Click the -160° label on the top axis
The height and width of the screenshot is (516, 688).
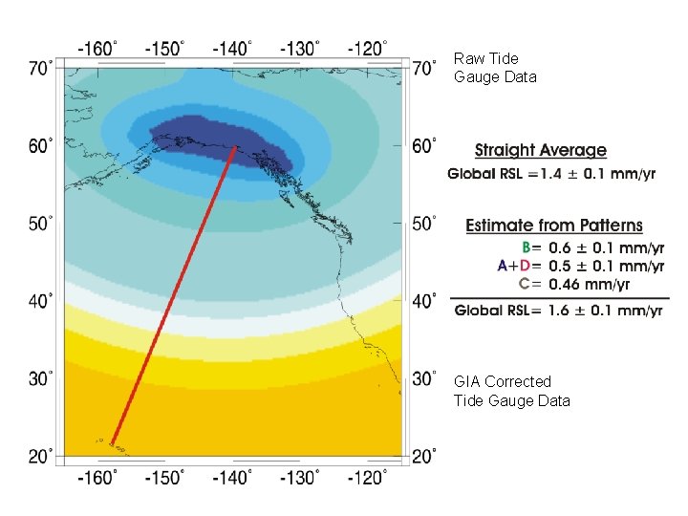point(97,49)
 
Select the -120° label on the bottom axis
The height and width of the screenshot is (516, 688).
point(367,477)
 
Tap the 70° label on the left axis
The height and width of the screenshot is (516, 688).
point(41,69)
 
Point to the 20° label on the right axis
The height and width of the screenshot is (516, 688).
point(424,457)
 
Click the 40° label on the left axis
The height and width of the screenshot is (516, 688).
point(41,301)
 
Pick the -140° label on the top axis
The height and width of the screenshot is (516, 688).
point(232,49)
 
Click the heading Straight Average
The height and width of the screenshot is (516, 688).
point(541,150)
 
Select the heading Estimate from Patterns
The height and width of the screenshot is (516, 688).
point(553,226)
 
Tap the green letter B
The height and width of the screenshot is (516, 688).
point(527,247)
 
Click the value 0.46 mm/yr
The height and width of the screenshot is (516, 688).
point(589,285)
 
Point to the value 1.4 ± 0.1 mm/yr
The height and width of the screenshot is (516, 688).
point(597,174)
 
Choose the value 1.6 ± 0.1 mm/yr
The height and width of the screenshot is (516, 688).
point(605,311)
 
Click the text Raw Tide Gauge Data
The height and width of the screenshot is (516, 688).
point(495,68)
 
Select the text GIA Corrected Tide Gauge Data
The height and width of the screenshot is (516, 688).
point(511,391)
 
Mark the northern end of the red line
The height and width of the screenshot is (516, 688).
point(236,147)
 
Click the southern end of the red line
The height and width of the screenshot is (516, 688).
point(113,444)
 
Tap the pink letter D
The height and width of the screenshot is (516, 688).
point(525,266)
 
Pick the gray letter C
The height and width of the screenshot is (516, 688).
point(525,284)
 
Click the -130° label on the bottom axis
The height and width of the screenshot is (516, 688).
point(300,477)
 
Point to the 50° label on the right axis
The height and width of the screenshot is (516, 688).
point(424,224)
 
